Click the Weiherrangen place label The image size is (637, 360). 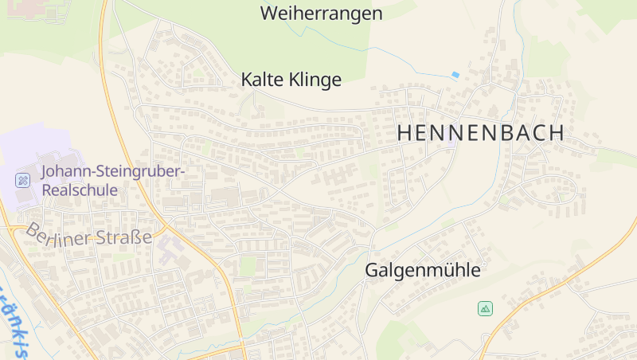[x=321, y=14]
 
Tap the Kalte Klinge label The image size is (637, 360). [x=291, y=80]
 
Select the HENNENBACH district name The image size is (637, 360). [x=480, y=134]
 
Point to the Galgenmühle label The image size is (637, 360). [x=423, y=271]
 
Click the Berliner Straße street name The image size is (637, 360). [x=88, y=237]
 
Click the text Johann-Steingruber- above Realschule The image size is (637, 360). [x=112, y=172]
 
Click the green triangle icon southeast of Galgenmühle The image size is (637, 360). [x=485, y=308]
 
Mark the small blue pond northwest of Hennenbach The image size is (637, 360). [x=455, y=75]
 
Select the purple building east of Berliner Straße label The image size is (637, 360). [x=169, y=252]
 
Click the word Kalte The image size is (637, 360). [x=264, y=80]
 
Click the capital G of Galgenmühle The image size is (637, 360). [x=372, y=271]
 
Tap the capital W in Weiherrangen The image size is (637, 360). [x=268, y=14]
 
